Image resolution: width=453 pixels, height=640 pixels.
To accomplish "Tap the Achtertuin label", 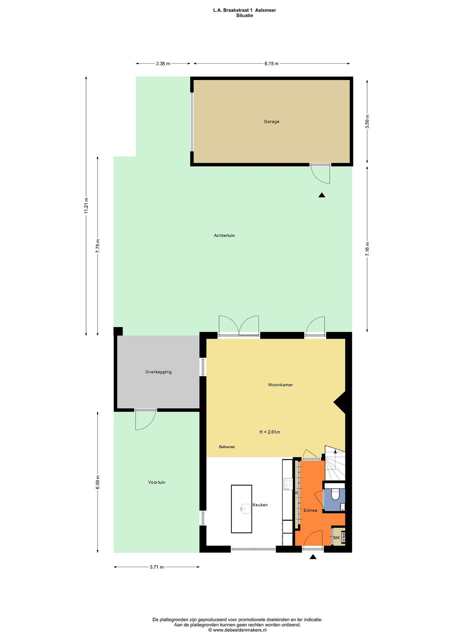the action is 224,236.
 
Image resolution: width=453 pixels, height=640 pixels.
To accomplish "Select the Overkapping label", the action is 158,372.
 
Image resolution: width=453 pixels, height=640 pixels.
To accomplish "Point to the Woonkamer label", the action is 280,385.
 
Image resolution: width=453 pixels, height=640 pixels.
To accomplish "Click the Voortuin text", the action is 157,482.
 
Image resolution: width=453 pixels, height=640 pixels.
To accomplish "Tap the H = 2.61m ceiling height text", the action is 270,432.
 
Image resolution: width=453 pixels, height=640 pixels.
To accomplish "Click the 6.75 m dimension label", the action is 271,64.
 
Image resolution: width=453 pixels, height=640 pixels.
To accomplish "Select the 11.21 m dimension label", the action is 86,206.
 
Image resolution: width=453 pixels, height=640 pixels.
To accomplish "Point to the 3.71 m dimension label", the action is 157,567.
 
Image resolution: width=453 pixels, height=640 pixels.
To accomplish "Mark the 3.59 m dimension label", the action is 367,122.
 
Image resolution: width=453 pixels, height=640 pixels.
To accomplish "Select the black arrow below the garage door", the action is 322,195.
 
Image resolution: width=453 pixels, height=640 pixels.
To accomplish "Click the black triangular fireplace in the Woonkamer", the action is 340,402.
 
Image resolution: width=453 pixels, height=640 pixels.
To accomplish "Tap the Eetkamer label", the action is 227,447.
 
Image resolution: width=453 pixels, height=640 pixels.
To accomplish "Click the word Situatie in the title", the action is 244,16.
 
